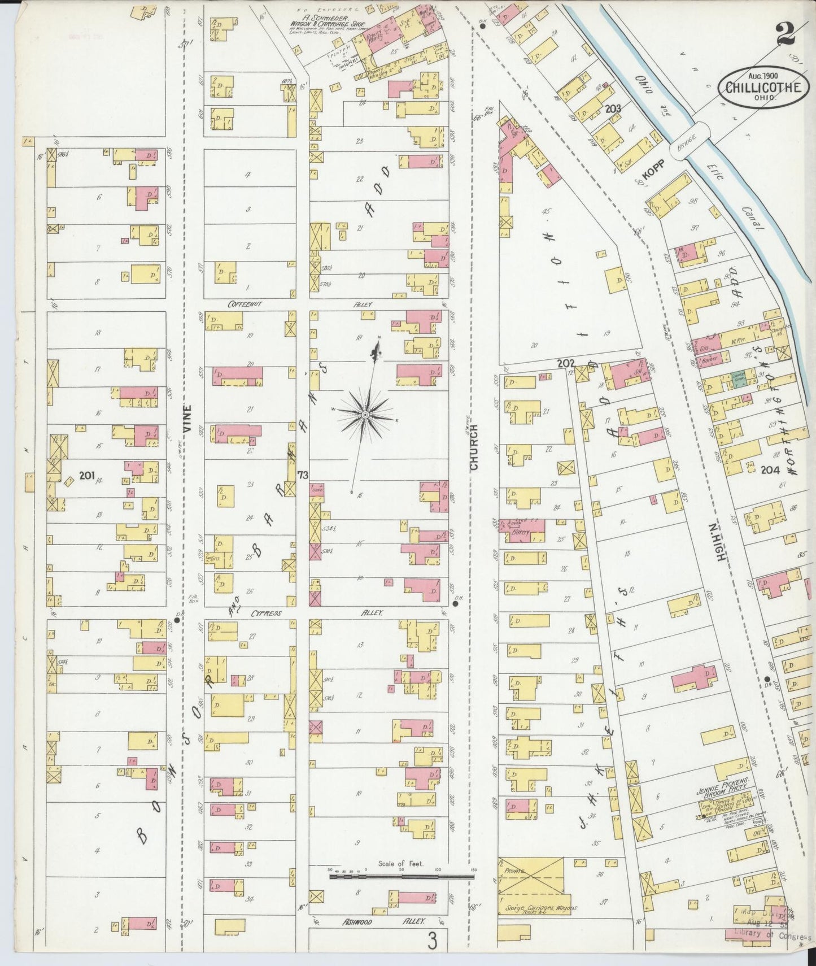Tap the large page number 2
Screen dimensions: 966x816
pos(786,34)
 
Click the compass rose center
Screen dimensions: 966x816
pos(365,415)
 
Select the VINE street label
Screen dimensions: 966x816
pos(188,419)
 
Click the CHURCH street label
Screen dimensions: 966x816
pos(473,447)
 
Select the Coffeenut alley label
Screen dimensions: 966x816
pos(244,304)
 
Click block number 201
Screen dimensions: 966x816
pos(86,476)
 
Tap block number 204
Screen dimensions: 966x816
pos(770,469)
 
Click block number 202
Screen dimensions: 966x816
pos(566,364)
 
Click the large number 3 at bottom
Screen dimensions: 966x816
pos(432,942)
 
